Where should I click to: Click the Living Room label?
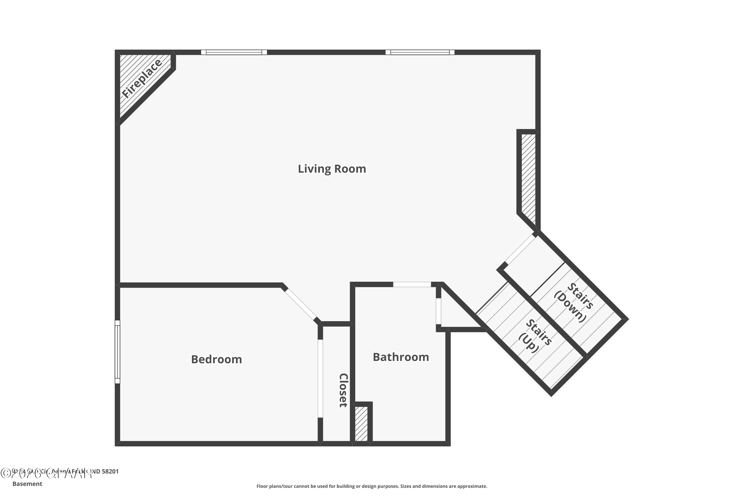tap(332, 169)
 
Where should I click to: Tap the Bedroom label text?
tap(216, 359)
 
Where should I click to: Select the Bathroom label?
tap(401, 357)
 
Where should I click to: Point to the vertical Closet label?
tap(343, 390)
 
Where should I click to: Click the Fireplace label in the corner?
tap(142, 78)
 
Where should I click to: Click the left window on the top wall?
tap(234, 52)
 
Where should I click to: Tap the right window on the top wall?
tap(420, 52)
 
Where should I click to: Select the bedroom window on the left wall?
tap(117, 352)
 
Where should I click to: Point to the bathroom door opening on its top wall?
tap(412, 284)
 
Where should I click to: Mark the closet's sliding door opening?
tap(320, 378)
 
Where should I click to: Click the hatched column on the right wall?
tap(528, 177)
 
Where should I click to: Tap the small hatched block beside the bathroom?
tap(361, 424)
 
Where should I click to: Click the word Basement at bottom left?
tap(27, 484)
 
